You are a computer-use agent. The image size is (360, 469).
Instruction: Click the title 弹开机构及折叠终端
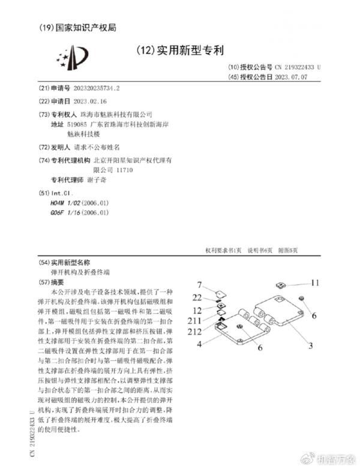coord(77,272)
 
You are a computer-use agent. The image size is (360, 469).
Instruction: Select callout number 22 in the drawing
coord(197,297)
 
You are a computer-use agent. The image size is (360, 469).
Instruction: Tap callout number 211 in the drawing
coord(197,321)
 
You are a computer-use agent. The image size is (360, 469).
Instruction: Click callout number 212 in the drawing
coord(197,332)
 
